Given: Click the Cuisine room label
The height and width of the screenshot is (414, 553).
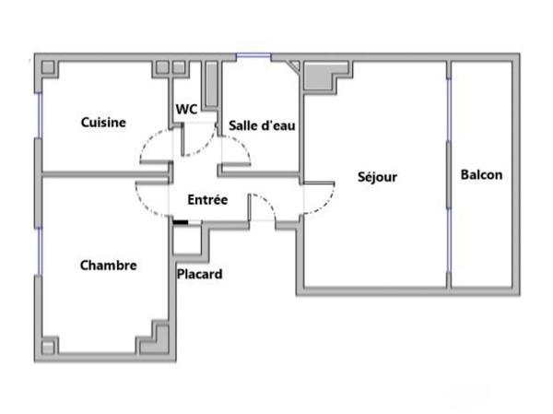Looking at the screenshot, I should click(x=103, y=122).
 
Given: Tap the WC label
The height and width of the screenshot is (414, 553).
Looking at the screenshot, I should click(x=187, y=109).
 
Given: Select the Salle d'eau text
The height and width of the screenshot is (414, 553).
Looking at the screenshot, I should click(x=262, y=125).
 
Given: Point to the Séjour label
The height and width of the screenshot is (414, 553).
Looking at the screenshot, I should click(x=378, y=176).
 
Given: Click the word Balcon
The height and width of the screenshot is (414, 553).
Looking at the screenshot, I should click(x=481, y=174).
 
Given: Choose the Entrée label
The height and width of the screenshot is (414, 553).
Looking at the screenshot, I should click(x=207, y=199).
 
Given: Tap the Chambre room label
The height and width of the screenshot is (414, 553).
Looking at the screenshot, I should click(x=108, y=266).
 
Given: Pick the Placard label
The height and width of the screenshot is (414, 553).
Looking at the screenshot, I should click(x=200, y=274).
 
